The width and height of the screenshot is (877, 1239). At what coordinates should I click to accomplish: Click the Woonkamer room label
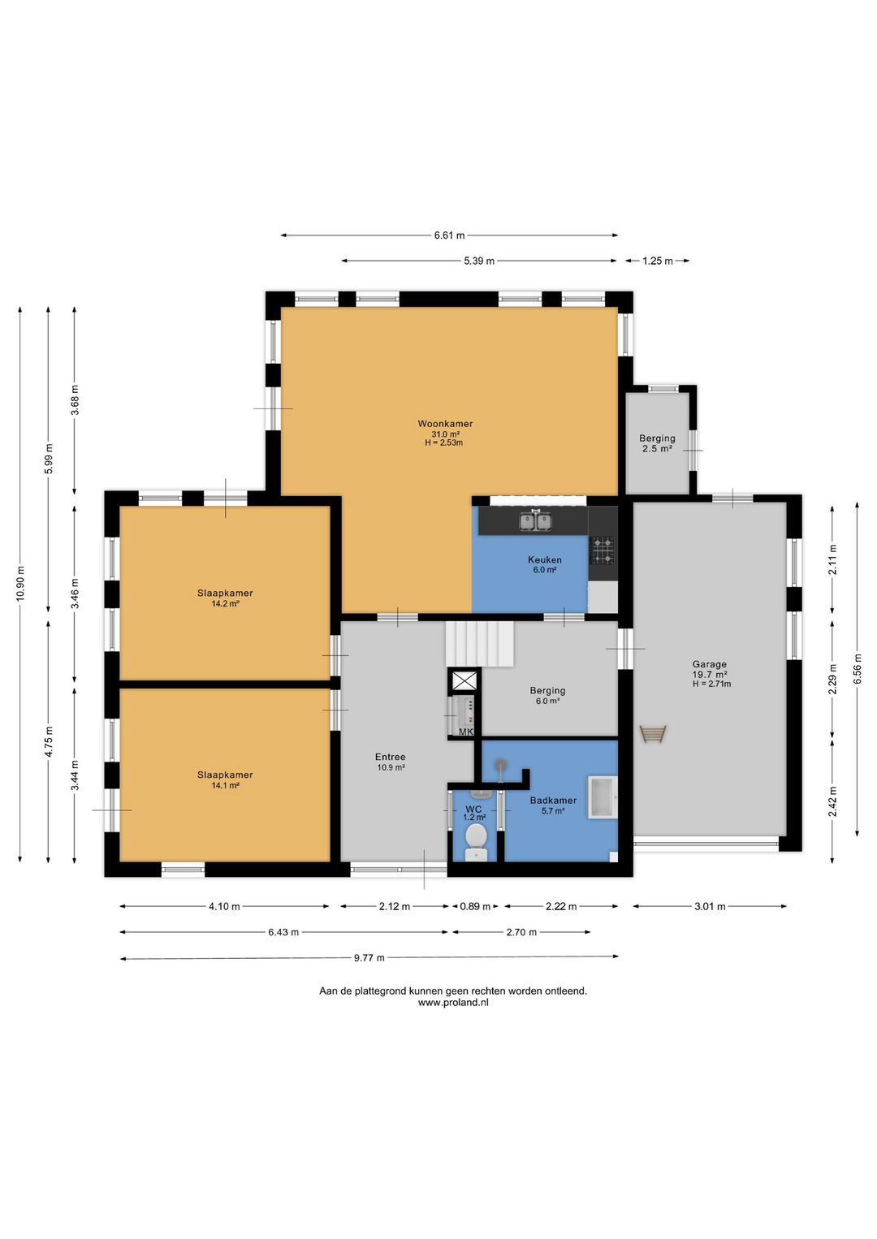(x=445, y=424)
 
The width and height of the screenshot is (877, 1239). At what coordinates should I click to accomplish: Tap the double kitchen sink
(x=535, y=520)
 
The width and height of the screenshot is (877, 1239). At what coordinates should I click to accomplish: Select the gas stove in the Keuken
(x=603, y=550)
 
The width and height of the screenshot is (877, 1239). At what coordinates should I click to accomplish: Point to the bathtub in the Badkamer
(x=603, y=797)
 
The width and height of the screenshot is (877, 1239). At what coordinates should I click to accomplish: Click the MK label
(x=466, y=732)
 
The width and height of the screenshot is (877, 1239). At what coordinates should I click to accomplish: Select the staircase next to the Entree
(x=480, y=644)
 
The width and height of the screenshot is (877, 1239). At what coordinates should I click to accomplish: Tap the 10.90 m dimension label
(x=20, y=584)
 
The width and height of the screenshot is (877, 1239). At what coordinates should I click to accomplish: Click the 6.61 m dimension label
(x=449, y=235)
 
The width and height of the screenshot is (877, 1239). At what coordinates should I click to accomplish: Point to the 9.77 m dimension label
(x=369, y=957)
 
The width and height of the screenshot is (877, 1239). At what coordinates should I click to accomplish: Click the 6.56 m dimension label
(x=857, y=669)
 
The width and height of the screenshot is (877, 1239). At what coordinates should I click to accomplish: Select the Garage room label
(x=710, y=664)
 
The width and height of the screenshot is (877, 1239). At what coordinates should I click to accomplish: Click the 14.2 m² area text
(x=225, y=603)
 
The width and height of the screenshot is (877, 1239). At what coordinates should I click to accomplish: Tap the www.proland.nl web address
(x=452, y=1002)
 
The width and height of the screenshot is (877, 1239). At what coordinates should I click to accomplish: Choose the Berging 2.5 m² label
(x=657, y=443)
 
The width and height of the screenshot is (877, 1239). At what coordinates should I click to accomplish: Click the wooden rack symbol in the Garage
(x=653, y=734)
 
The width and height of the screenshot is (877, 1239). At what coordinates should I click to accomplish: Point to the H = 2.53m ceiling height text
(x=443, y=442)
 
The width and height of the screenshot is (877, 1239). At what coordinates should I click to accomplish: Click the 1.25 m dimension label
(x=657, y=261)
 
